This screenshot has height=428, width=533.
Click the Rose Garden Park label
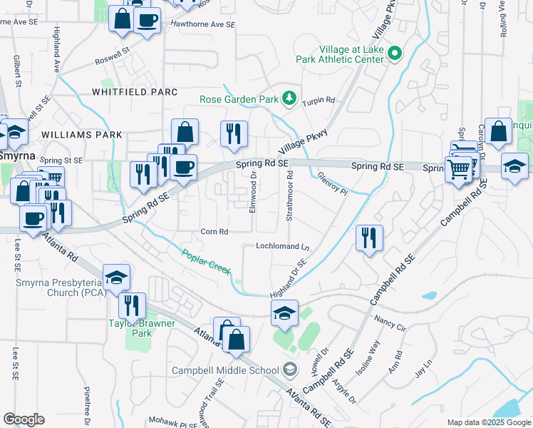tap(239, 99)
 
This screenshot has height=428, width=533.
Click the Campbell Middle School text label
tap(225, 370)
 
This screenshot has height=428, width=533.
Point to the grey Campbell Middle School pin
tap(289, 370)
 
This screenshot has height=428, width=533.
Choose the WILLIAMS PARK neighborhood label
tap(81, 134)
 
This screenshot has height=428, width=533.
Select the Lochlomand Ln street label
tap(283, 246)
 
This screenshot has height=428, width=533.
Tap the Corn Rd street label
tap(214, 231)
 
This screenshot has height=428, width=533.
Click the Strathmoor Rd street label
tap(290, 200)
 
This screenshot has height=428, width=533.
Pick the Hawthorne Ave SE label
tap(202, 24)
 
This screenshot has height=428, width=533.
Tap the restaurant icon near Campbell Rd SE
tap(369, 238)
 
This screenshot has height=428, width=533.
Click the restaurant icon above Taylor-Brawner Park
tap(132, 305)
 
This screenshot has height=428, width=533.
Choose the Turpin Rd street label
tap(319, 101)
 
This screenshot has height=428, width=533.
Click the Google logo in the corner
tap(24, 419)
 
